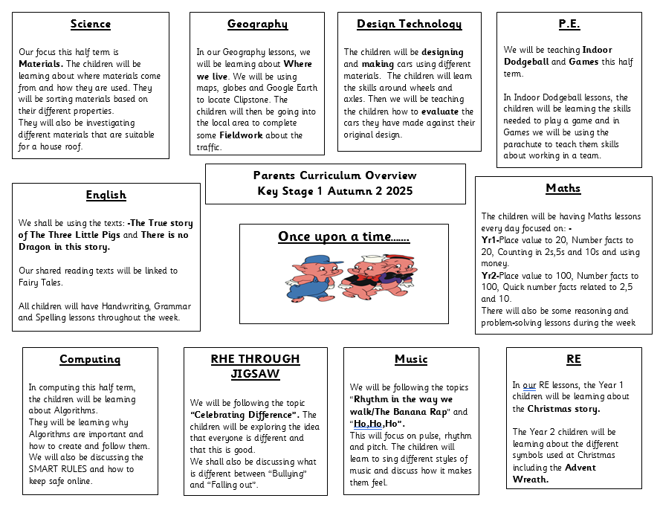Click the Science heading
(91, 25)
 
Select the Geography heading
(257, 25)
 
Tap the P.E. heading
(569, 25)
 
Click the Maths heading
(563, 189)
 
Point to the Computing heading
(90, 360)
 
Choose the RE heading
(574, 360)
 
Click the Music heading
(411, 360)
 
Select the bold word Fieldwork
(245, 135)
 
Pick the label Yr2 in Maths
(490, 276)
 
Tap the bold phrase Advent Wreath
(553, 474)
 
